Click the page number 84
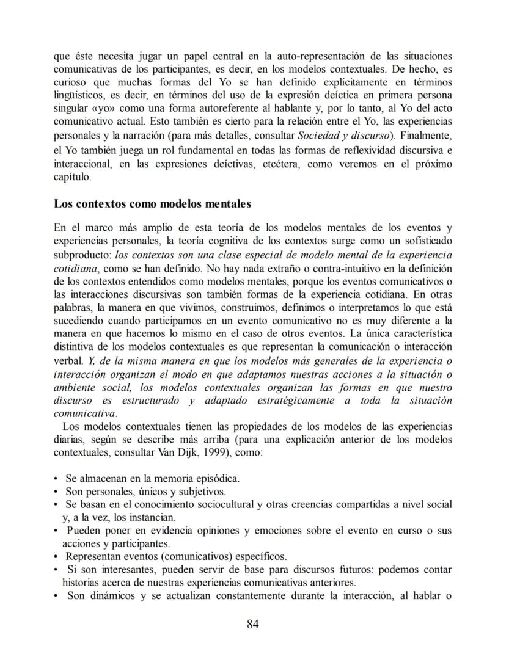click(254, 623)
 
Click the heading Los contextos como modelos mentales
click(152, 203)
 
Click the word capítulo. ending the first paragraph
click(72, 178)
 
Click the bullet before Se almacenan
click(56, 478)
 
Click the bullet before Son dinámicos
click(56, 596)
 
